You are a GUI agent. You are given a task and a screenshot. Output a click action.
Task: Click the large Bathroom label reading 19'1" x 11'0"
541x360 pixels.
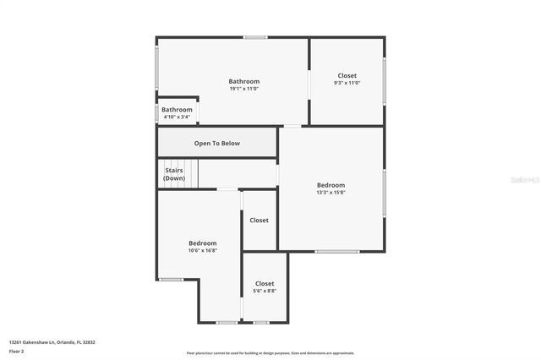(x=243, y=85)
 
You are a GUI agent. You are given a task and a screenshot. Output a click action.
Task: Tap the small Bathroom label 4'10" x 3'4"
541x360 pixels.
(x=177, y=112)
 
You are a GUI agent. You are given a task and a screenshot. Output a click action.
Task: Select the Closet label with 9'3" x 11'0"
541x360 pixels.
(x=347, y=79)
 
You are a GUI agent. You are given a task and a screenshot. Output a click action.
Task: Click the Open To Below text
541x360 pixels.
(x=217, y=144)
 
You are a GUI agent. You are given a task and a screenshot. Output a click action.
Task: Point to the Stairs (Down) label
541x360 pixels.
(x=174, y=174)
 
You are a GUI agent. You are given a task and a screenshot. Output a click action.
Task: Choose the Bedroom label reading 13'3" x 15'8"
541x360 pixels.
(x=331, y=188)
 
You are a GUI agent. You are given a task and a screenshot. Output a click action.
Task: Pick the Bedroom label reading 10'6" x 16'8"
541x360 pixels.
(x=202, y=246)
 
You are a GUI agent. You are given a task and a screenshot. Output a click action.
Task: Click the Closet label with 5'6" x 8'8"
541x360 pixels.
(x=265, y=286)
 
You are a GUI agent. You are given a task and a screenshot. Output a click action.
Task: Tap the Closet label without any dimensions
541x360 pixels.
(x=259, y=221)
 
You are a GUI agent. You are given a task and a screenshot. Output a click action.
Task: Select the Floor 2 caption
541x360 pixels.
(x=17, y=351)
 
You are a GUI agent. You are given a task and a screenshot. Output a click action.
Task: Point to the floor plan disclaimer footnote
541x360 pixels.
(x=270, y=353)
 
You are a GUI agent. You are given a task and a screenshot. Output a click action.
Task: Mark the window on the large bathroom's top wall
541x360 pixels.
(x=255, y=37)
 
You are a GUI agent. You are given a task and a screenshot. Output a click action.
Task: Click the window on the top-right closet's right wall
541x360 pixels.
(x=384, y=80)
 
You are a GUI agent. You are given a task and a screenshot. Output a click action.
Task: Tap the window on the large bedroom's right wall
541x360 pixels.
(x=384, y=191)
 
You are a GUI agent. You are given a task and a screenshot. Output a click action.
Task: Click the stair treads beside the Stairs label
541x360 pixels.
(x=191, y=174)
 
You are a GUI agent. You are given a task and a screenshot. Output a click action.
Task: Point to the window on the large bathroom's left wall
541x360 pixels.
(x=156, y=68)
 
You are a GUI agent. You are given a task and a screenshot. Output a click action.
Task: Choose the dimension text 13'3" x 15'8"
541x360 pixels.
(x=331, y=193)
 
